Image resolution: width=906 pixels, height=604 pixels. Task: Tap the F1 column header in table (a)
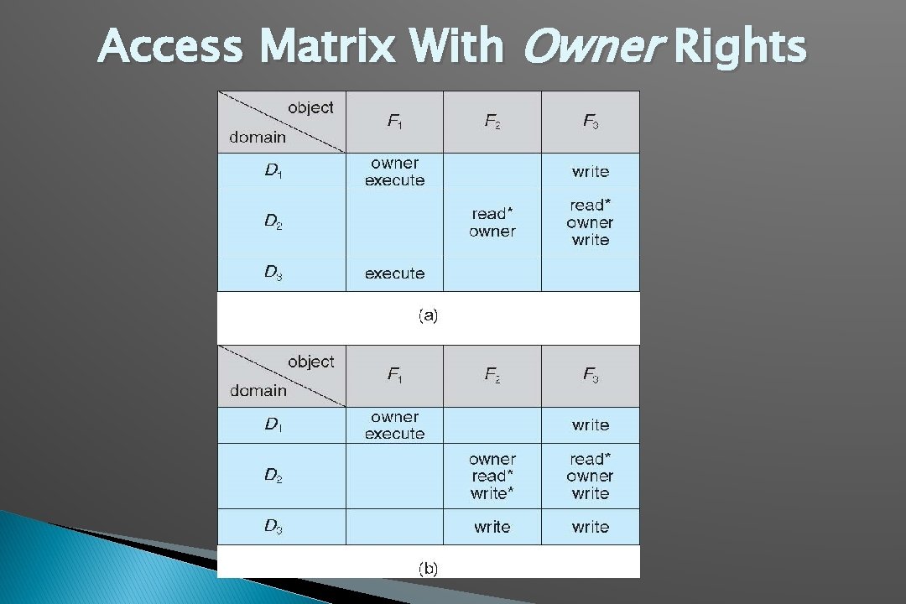point(394,122)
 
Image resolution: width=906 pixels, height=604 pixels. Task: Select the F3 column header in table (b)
point(591,375)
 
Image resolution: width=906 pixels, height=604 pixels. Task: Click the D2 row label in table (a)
point(273,221)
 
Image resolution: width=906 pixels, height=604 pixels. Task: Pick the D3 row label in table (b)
point(273,527)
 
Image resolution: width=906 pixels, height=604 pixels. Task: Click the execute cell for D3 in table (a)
point(394,273)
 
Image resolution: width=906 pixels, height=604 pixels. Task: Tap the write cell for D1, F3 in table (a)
point(591,172)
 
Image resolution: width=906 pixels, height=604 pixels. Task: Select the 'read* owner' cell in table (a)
point(492,222)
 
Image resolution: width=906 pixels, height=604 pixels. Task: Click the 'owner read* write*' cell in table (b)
point(492,476)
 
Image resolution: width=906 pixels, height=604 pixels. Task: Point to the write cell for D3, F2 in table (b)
point(492,527)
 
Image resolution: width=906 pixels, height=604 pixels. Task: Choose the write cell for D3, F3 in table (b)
point(591,527)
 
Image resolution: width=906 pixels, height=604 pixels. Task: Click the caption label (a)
point(428,316)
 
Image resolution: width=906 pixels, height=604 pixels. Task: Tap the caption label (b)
point(428,569)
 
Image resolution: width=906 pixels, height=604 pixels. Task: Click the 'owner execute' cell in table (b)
point(394,425)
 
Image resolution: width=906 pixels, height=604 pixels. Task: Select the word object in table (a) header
point(310,107)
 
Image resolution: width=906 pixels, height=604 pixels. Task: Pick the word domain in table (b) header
point(258,390)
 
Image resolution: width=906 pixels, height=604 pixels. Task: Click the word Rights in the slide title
point(739,47)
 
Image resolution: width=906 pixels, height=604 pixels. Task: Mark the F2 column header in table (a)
point(492,122)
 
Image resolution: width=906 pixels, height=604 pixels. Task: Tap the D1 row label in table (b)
point(273,425)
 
